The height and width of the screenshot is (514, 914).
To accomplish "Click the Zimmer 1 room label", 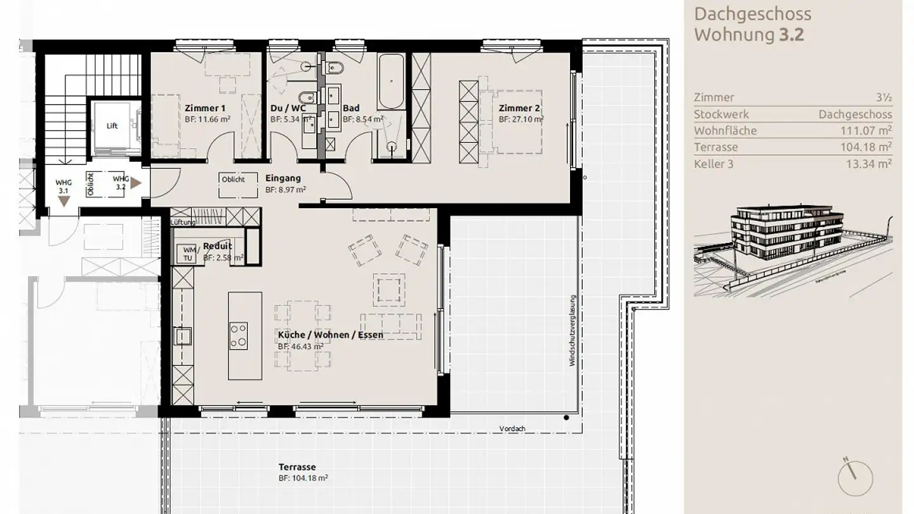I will [x=205, y=108].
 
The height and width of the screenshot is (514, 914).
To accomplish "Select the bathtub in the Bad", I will [x=390, y=82].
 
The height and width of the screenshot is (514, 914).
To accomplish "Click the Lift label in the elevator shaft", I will [x=112, y=126].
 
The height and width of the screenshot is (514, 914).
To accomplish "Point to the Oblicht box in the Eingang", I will [x=234, y=180].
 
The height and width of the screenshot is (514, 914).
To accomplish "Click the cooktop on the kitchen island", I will [x=238, y=336].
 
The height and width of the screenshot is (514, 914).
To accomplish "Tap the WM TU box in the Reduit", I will [x=189, y=253].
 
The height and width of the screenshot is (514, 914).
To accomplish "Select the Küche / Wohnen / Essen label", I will [x=330, y=334].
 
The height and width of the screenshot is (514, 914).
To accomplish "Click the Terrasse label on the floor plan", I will [x=297, y=467].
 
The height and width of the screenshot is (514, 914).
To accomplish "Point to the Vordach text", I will [x=512, y=428].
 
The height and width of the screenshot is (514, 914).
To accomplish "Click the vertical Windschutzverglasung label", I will [x=572, y=330].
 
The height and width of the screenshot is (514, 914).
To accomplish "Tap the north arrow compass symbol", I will [x=854, y=478].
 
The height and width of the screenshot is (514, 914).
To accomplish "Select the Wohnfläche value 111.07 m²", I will [x=864, y=131].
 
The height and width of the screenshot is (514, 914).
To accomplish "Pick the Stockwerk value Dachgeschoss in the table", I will [x=855, y=114].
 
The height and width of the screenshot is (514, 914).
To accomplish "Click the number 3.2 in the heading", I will [x=791, y=34].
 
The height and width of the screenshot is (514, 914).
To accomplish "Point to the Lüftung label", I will [x=183, y=223].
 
